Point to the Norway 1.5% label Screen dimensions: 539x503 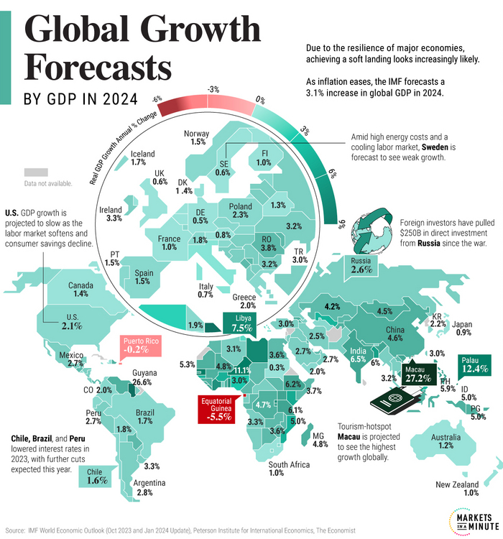[196, 138]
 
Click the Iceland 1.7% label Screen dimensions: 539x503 [142, 158]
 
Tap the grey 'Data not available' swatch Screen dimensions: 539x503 [35, 172]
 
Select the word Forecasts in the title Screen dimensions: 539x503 [98, 69]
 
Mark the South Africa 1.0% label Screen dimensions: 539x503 [289, 469]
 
